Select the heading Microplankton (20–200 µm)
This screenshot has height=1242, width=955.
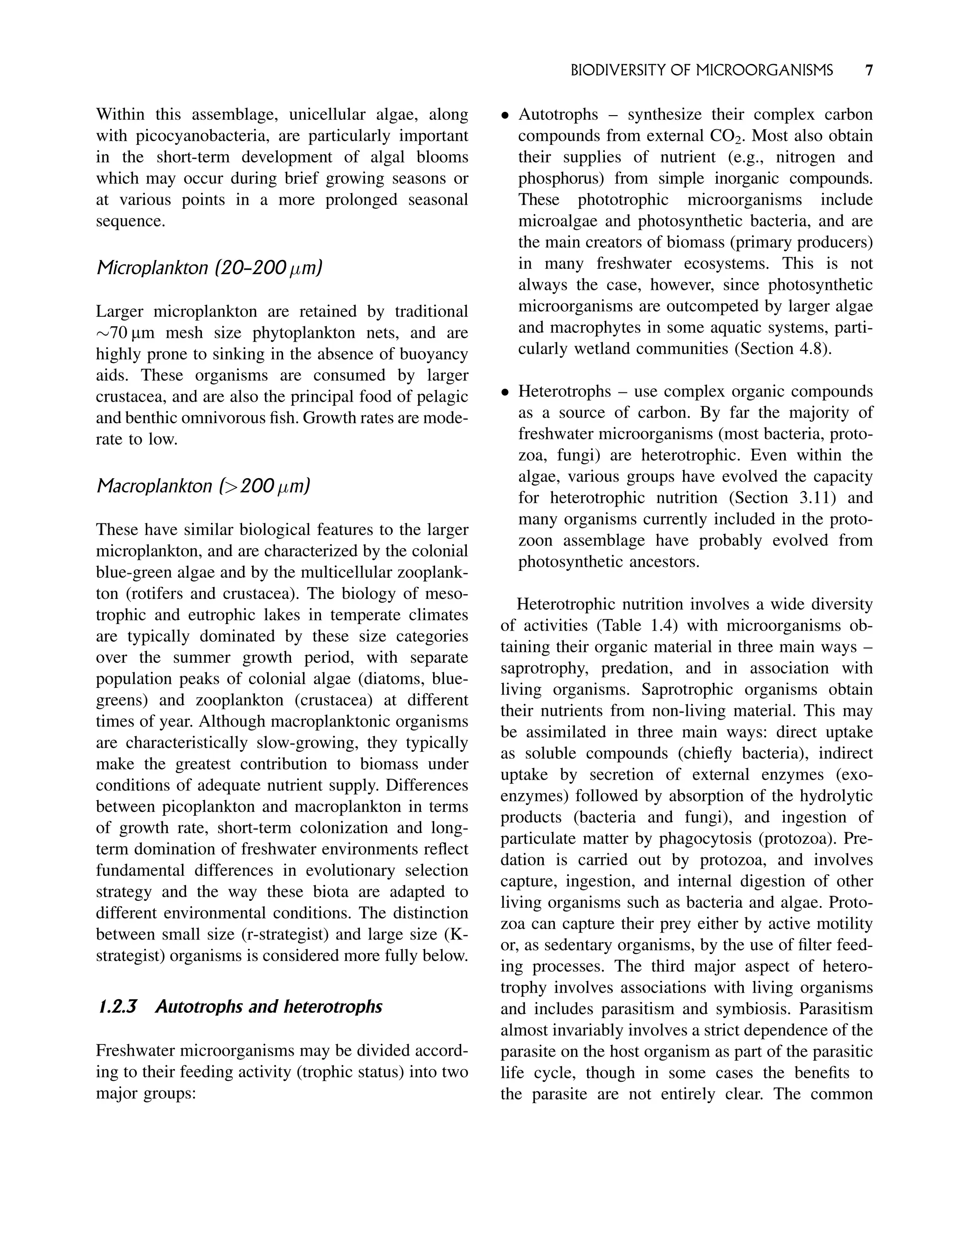(208, 268)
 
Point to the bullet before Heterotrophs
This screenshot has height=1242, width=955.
(504, 392)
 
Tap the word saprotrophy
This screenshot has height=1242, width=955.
(543, 668)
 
